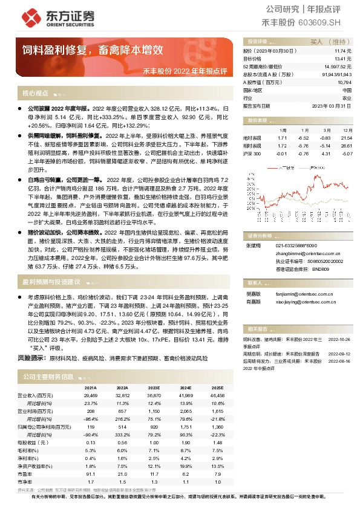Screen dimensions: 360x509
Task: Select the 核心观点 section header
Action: [x=36, y=94]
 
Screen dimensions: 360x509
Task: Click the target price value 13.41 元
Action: [x=343, y=59]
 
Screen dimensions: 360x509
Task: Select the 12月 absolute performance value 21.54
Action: [x=345, y=138]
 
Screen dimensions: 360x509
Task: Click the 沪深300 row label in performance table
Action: [x=252, y=153]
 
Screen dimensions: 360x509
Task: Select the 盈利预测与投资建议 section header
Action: [x=51, y=282]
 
